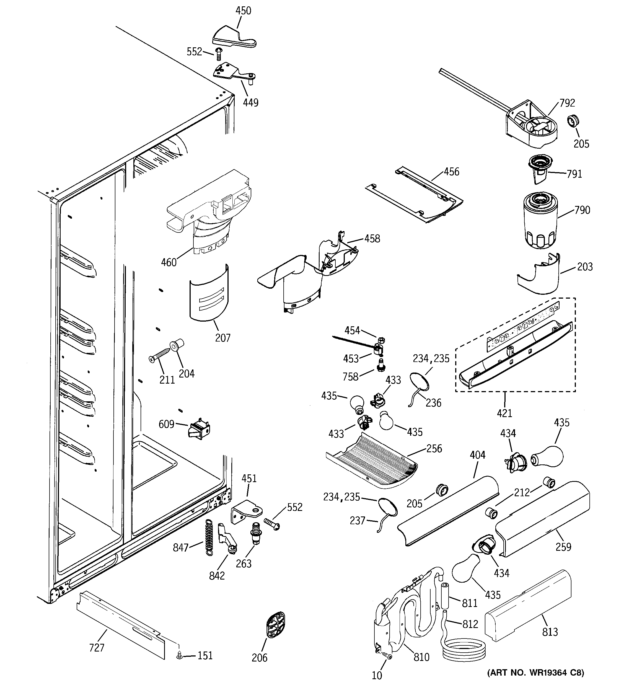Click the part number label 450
point(243,11)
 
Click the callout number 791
point(574,174)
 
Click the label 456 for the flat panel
point(451,172)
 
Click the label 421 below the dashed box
point(504,413)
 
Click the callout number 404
point(477,455)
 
